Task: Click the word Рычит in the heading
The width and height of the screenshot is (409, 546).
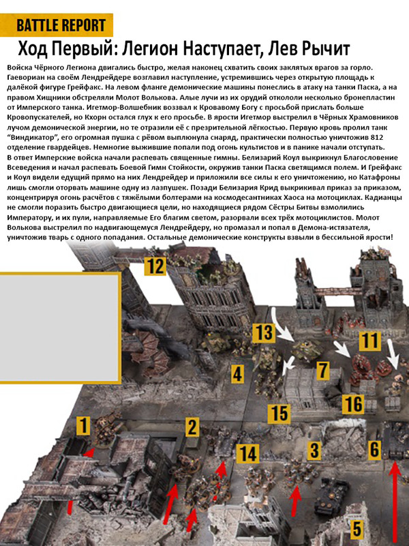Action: [x=322, y=50]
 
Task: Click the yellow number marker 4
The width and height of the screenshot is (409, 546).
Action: [x=237, y=373]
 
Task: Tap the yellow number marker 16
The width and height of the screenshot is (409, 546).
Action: [x=352, y=403]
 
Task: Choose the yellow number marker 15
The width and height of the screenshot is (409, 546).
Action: [x=279, y=412]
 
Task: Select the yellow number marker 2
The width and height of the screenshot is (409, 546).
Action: [x=193, y=428]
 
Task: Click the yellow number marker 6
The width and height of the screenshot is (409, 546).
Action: [x=373, y=448]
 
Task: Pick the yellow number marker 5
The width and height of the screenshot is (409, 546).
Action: [x=356, y=528]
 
